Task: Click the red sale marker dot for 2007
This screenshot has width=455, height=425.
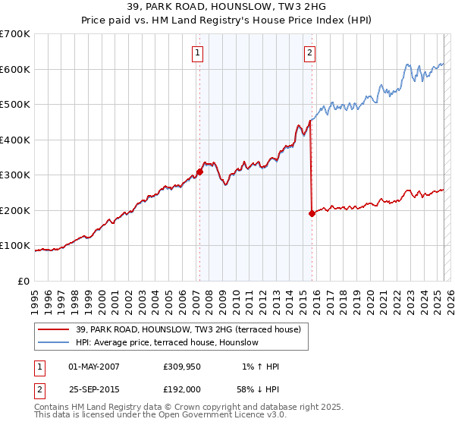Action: pyautogui.click(x=200, y=172)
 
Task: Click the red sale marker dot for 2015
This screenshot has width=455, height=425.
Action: pyautogui.click(x=312, y=213)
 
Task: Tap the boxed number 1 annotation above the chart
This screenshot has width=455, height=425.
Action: pyautogui.click(x=198, y=52)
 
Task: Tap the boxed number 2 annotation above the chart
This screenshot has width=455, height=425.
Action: pyautogui.click(x=310, y=52)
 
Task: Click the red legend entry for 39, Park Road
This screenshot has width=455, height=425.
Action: pyautogui.click(x=188, y=329)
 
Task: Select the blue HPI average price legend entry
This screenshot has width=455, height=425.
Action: pyautogui.click(x=167, y=343)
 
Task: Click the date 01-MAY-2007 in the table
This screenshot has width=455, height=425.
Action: pyautogui.click(x=94, y=367)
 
